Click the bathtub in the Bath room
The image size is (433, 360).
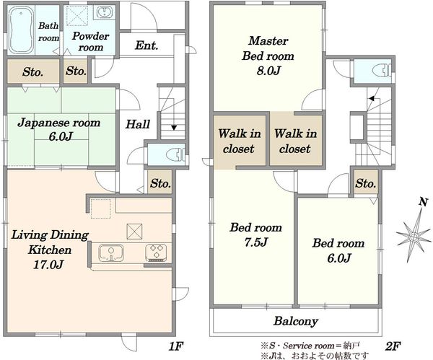21,30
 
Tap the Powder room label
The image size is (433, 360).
91,41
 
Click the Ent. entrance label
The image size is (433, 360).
146,45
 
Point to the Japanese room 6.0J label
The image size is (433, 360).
59,129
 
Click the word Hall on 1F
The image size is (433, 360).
138,124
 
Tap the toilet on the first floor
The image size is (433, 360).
177,154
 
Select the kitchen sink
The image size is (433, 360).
110,253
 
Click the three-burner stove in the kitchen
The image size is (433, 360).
156,253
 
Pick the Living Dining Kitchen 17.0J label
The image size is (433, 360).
50,250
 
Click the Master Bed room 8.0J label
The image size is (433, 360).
268,56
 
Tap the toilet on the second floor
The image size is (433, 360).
382,71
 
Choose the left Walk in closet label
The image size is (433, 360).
239,141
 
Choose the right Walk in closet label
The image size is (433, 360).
295,141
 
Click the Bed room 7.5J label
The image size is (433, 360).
256,234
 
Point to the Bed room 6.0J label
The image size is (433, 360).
338,250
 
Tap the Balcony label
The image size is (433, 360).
296,321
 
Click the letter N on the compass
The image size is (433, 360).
423,202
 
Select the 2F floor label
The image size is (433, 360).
393,346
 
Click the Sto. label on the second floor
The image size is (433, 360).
366,183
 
